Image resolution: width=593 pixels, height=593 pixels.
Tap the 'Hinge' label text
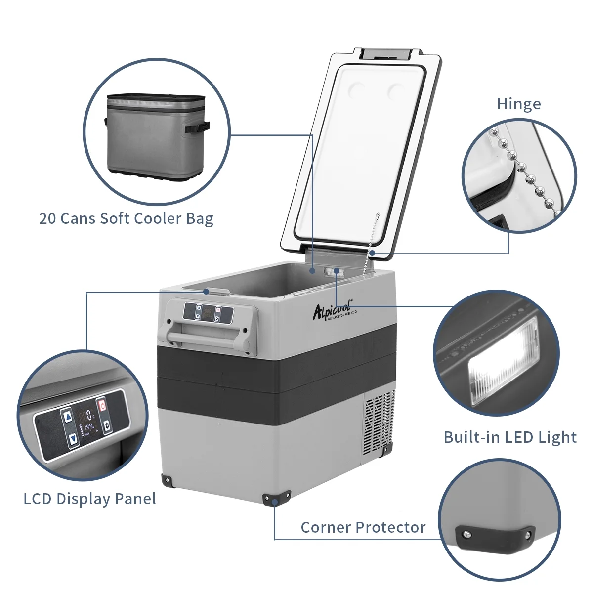click(x=518, y=104)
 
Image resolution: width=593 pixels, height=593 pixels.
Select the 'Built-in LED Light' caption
click(x=509, y=437)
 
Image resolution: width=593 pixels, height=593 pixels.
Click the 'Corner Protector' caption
click(x=363, y=527)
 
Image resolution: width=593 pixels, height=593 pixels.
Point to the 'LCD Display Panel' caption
click(x=89, y=499)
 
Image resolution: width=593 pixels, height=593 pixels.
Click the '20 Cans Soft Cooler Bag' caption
click(x=126, y=218)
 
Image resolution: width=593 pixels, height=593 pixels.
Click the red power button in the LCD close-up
click(x=102, y=405)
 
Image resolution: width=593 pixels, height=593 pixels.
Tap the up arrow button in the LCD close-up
click(x=68, y=416)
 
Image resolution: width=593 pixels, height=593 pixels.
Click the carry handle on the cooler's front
click(x=207, y=338)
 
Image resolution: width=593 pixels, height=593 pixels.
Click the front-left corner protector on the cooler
click(x=167, y=479)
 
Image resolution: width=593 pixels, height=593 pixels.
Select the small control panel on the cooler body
click(x=208, y=313)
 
